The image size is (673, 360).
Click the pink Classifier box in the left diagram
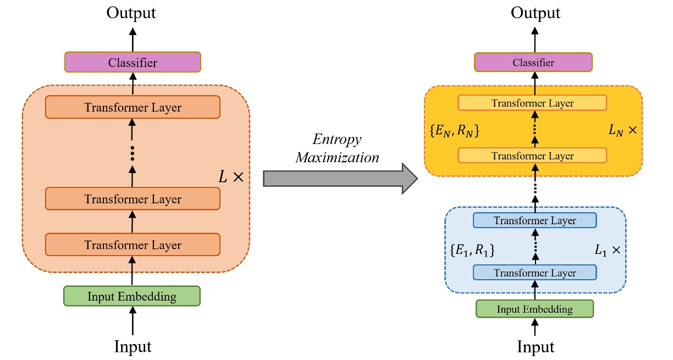133,63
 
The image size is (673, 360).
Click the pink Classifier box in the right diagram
533,63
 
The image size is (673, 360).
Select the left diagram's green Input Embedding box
132,297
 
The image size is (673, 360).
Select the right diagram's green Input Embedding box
534,309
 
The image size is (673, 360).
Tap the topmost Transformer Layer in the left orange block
133,108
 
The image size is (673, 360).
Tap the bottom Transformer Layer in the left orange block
133,245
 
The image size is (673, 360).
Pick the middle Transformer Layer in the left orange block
133,199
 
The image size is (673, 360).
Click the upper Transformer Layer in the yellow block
532,103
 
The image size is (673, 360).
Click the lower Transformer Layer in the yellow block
532,156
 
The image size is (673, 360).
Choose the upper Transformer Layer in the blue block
534,220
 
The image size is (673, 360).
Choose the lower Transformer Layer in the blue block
534,273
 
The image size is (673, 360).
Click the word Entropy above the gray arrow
338,139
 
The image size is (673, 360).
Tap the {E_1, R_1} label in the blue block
472,250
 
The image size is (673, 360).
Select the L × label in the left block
230,177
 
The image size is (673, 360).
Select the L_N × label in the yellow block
622,131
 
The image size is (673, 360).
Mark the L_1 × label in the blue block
608,250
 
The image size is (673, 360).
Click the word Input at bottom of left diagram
133,346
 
